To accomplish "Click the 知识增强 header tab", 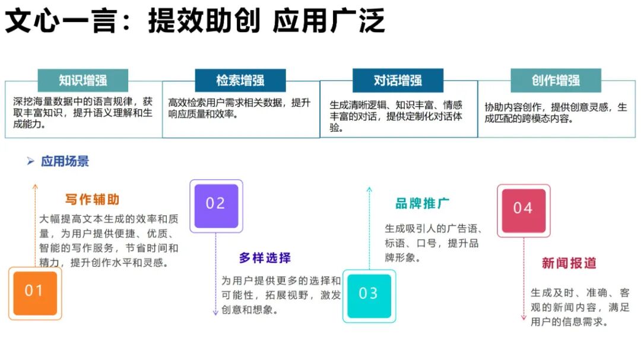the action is (x=82, y=81).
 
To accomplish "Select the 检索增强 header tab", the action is (x=240, y=81).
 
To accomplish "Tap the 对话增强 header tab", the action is (x=398, y=81).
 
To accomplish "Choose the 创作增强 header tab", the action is (x=556, y=81).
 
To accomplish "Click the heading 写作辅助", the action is (x=93, y=199).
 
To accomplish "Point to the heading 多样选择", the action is (x=265, y=258).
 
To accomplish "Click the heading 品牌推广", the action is (x=422, y=203).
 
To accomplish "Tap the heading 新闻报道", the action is (x=569, y=263).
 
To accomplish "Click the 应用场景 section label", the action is (x=65, y=161).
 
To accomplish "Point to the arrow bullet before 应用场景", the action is (x=30, y=161).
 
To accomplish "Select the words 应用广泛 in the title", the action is (x=329, y=21).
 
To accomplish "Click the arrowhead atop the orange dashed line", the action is (x=35, y=187).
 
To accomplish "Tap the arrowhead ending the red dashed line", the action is (x=523, y=318).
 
